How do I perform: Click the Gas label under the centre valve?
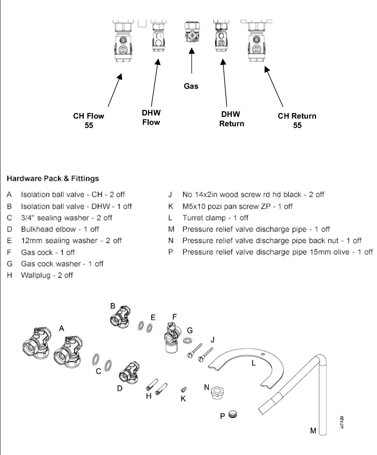[x=191, y=86]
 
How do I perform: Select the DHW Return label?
[x=232, y=119]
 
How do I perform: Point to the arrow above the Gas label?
[x=191, y=60]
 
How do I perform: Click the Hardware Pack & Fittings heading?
[x=53, y=179]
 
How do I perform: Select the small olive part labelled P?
[x=233, y=415]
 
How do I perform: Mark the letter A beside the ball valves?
[x=61, y=328]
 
